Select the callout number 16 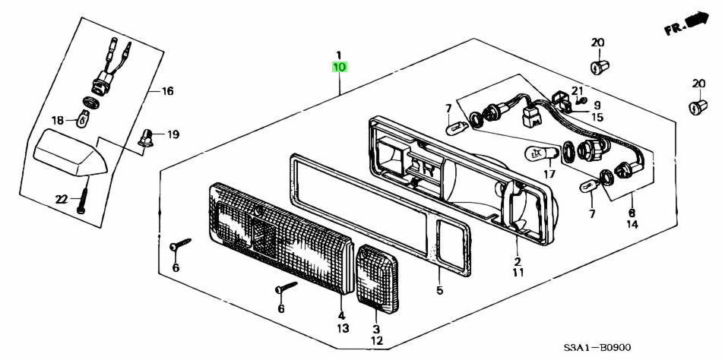(x=167, y=91)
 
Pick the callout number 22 (x=62, y=199)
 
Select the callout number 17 (x=549, y=174)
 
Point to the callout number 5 (x=439, y=290)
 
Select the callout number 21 (x=577, y=91)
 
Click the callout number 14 (x=633, y=225)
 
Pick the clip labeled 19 (x=146, y=138)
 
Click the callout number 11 (x=518, y=272)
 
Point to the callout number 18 (x=58, y=120)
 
